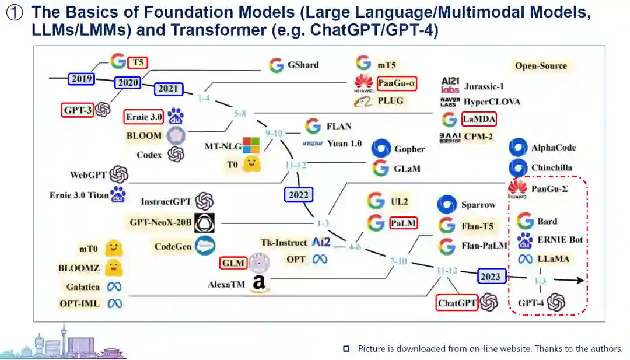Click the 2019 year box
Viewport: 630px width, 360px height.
click(x=82, y=79)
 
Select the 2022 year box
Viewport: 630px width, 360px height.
click(x=299, y=194)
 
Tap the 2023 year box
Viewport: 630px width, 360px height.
click(x=491, y=276)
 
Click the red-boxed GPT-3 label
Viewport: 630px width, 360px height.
click(x=78, y=109)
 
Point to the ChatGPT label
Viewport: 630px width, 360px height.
click(x=457, y=303)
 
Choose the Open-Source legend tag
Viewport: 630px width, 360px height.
click(x=541, y=66)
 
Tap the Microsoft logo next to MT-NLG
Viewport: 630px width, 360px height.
click(x=251, y=145)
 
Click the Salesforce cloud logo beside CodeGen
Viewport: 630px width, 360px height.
click(x=205, y=246)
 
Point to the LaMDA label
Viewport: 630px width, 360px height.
click(x=478, y=120)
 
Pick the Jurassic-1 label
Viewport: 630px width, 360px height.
click(x=484, y=86)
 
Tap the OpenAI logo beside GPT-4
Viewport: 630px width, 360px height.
click(x=556, y=302)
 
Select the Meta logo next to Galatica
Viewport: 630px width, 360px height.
click(x=114, y=286)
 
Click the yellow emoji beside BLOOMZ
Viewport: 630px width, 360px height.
click(x=114, y=268)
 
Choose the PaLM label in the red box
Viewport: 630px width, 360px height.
click(x=404, y=223)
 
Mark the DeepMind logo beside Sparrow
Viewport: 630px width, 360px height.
click(x=447, y=205)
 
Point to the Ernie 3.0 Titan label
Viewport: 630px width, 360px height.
click(x=79, y=195)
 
